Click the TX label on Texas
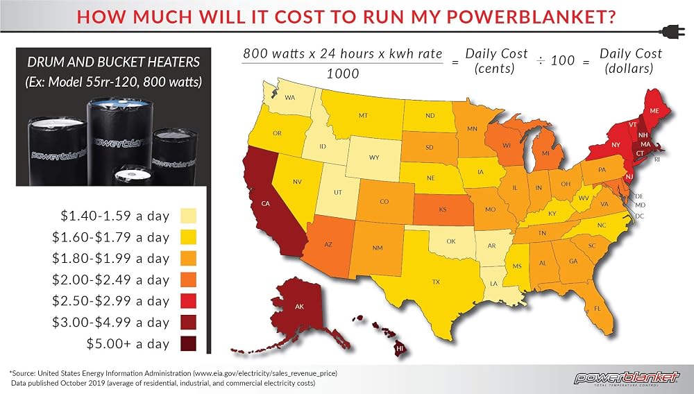pyautogui.click(x=436, y=282)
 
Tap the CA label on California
pyautogui.click(x=266, y=203)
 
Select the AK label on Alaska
pyautogui.click(x=299, y=306)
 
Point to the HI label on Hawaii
pyautogui.click(x=400, y=348)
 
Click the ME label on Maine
pyautogui.click(x=654, y=110)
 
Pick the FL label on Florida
pyautogui.click(x=598, y=308)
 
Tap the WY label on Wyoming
pyautogui.click(x=374, y=157)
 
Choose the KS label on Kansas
pyautogui.click(x=443, y=209)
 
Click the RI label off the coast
pyautogui.click(x=657, y=159)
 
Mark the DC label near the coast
pyautogui.click(x=640, y=216)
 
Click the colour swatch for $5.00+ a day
pyautogui.click(x=188, y=343)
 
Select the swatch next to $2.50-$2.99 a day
pyautogui.click(x=188, y=301)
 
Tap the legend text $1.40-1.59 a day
pyautogui.click(x=115, y=216)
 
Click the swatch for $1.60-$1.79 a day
pyautogui.click(x=188, y=237)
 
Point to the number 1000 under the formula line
pyautogui.click(x=343, y=74)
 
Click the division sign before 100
pyautogui.click(x=541, y=60)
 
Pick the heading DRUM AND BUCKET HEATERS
pyautogui.click(x=114, y=62)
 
